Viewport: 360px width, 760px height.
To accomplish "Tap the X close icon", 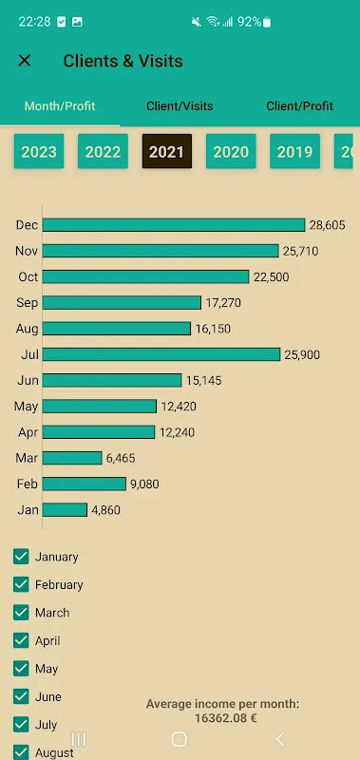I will (25, 61).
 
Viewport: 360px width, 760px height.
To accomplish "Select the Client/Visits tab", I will (180, 106).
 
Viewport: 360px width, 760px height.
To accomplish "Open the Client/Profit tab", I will (299, 106).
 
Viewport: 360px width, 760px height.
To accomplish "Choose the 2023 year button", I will (39, 151).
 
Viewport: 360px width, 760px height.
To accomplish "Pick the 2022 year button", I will (103, 151).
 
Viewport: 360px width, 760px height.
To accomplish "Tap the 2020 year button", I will (231, 151).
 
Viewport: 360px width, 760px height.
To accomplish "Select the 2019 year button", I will (294, 151).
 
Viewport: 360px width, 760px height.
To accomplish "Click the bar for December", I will (174, 225).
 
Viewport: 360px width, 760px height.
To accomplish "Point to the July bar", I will (161, 354).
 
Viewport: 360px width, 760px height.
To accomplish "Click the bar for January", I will (66, 509).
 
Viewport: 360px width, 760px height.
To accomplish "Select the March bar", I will (72, 458).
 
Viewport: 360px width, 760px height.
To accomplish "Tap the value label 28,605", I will (327, 225).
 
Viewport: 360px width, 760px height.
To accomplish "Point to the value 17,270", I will (224, 302).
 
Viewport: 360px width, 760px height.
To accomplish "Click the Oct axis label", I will (28, 276).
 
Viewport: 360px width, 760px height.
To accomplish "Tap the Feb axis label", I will (28, 484).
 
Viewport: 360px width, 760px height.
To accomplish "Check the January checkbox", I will (21, 557).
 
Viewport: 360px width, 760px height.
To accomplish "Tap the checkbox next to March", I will (21, 613).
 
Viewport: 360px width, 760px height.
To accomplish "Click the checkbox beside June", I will (21, 696).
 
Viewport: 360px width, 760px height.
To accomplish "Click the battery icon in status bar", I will (267, 22).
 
